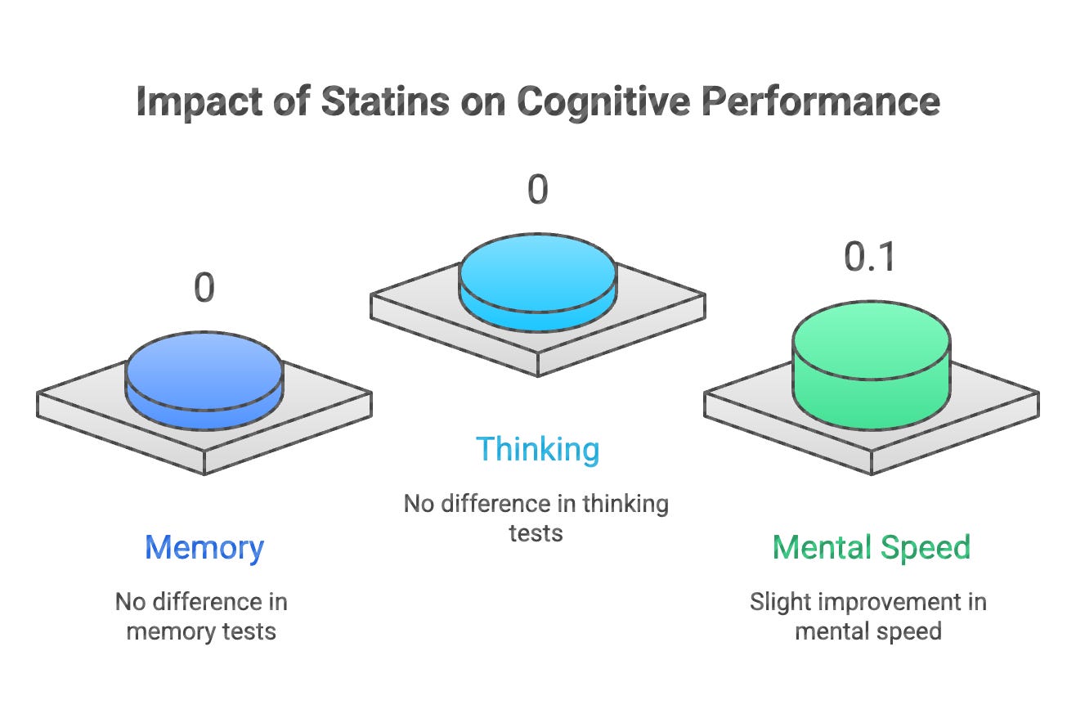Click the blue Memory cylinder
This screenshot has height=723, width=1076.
pyautogui.click(x=204, y=380)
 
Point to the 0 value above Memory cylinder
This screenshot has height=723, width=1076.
pyautogui.click(x=204, y=289)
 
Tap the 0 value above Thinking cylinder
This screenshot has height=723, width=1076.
pyautogui.click(x=537, y=190)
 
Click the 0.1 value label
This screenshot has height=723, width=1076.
pyautogui.click(x=870, y=257)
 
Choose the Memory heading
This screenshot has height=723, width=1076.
pyautogui.click(x=204, y=547)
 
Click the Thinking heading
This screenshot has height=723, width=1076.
pyautogui.click(x=537, y=449)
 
